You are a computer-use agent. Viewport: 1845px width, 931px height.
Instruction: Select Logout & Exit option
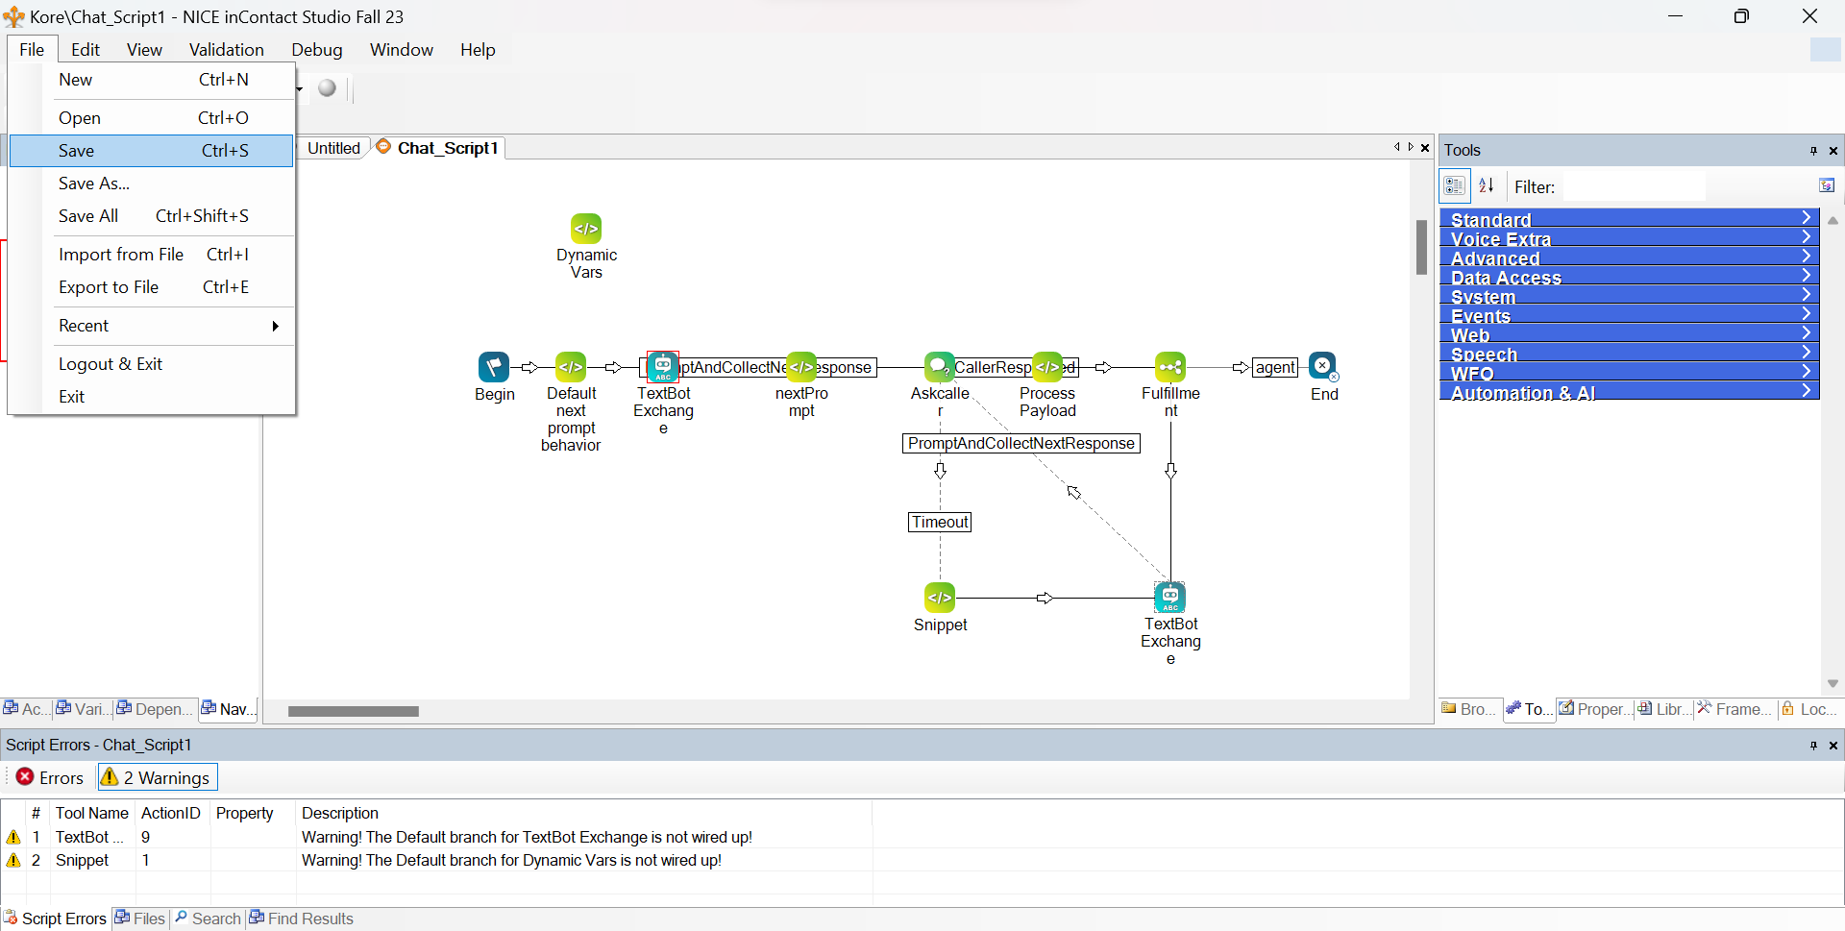(x=111, y=364)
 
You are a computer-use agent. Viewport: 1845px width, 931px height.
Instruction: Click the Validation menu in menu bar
(x=226, y=50)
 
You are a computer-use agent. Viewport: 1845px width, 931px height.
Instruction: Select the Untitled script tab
(x=333, y=148)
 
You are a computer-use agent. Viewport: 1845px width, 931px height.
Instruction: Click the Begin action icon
(x=494, y=367)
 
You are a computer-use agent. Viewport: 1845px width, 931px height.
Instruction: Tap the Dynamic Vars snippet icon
(x=586, y=229)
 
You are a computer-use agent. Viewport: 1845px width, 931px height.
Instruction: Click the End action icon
(x=1322, y=366)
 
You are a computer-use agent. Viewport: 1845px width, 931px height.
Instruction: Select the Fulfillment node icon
(x=1169, y=367)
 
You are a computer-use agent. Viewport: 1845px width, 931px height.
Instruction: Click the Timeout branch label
(x=940, y=522)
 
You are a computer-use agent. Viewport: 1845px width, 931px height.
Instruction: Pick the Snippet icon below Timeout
(x=940, y=598)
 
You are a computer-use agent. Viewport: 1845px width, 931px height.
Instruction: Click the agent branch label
(x=1275, y=367)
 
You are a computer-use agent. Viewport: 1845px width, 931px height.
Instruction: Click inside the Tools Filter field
(x=1634, y=186)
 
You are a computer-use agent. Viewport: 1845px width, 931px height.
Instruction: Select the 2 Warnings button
(x=158, y=777)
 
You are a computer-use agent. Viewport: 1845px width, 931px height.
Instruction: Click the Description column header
(x=340, y=813)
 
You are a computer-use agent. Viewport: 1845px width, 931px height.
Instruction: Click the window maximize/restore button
(x=1741, y=16)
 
